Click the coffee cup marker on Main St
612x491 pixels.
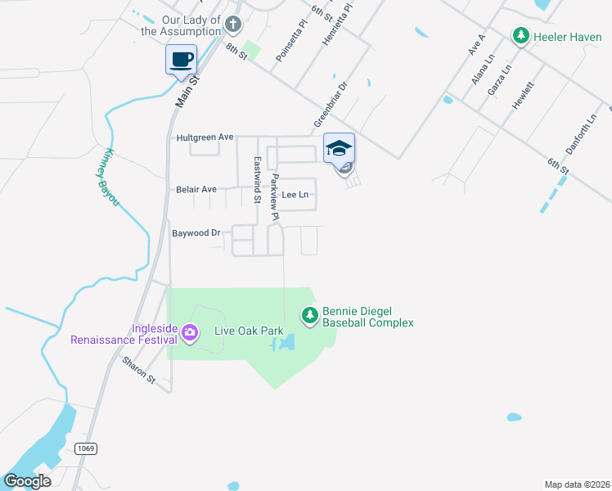click(x=181, y=60)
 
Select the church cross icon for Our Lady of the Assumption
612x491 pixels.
click(x=233, y=25)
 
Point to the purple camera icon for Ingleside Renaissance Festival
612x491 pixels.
click(x=190, y=331)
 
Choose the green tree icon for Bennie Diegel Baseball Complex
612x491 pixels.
click(x=309, y=315)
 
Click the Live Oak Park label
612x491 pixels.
click(x=249, y=331)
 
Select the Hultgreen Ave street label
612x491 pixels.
click(x=205, y=137)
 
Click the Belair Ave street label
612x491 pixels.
click(x=196, y=189)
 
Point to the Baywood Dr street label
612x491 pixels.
click(x=196, y=233)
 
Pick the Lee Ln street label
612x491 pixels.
click(x=295, y=195)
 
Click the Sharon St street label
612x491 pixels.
click(x=138, y=371)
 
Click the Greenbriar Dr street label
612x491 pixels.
click(x=330, y=103)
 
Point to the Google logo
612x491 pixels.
click(x=27, y=480)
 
